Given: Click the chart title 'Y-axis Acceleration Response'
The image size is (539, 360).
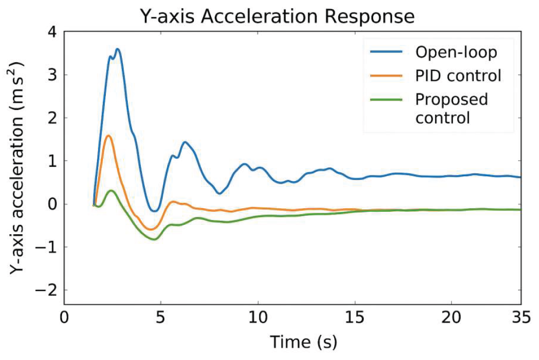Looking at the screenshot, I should [x=277, y=17].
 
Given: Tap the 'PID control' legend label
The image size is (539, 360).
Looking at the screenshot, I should [x=458, y=76].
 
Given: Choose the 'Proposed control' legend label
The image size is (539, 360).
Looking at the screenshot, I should [x=451, y=108].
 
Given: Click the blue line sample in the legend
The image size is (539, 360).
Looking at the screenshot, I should [x=386, y=52].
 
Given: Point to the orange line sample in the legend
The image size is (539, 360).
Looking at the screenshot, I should [x=386, y=76].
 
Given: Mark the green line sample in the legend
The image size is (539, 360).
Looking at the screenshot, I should [x=386, y=100].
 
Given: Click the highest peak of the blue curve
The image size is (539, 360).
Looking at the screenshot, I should [x=118, y=49].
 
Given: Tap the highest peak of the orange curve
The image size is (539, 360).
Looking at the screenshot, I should [x=108, y=136].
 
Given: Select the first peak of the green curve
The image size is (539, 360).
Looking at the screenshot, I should [x=111, y=190].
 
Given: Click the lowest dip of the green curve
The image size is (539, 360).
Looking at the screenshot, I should [x=154, y=239].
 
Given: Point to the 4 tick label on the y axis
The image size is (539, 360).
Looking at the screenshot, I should [x=52, y=32].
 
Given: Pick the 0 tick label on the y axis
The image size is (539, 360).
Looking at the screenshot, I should [x=52, y=204].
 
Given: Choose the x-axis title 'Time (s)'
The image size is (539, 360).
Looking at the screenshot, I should [x=303, y=342].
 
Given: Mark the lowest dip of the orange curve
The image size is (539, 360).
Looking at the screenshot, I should [x=151, y=229].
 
